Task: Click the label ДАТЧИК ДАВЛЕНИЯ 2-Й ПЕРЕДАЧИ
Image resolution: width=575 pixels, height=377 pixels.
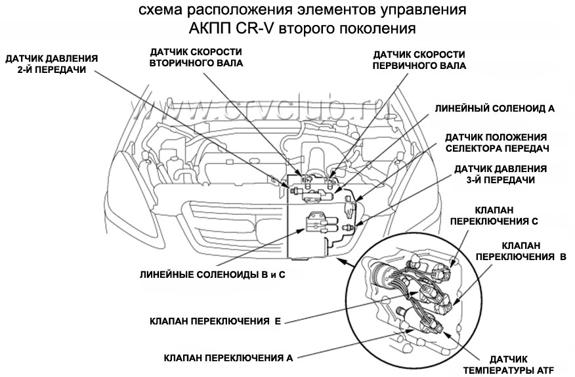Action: pos(51,64)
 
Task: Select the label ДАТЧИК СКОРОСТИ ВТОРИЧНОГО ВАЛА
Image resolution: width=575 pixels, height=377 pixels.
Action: pos(196,58)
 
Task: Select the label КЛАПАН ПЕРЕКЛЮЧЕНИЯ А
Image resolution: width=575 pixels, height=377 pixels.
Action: pos(228,359)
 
